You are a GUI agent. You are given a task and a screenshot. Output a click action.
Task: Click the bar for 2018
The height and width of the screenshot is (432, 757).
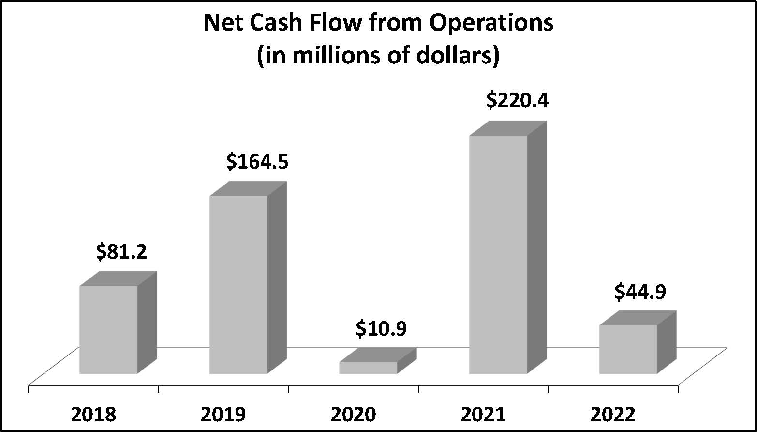point(108,329)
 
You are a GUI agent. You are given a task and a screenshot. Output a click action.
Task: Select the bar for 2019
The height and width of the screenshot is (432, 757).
point(238,284)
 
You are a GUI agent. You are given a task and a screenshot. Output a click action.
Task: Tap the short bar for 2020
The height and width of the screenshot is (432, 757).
point(368,368)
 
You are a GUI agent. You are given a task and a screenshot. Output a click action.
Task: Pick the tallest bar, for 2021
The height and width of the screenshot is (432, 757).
point(498,254)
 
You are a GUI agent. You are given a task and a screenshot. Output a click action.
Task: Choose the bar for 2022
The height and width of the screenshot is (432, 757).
point(628,349)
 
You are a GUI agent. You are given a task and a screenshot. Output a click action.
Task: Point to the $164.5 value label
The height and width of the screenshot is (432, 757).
point(257,162)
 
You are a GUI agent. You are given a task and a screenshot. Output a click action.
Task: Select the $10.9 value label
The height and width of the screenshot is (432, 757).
point(381,329)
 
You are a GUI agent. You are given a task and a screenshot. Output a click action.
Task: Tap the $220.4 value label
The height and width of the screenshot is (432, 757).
point(517,101)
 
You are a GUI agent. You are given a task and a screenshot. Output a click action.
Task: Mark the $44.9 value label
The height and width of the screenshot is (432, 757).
point(640,292)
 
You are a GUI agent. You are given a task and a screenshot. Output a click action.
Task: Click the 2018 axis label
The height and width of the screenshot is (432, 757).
point(93,415)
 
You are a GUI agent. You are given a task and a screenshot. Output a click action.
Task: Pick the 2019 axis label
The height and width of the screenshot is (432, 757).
point(223,415)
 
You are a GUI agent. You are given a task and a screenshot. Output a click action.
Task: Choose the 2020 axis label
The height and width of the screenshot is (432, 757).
point(353,415)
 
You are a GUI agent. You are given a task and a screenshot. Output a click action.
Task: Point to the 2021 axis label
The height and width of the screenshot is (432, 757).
point(483,415)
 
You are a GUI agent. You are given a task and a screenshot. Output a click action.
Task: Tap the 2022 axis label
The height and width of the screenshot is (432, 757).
point(613,415)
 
